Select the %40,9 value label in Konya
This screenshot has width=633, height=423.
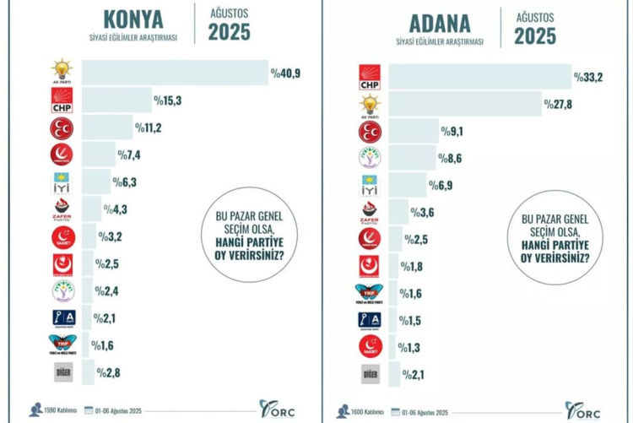click(285, 74)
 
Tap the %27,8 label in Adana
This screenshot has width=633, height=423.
click(560, 104)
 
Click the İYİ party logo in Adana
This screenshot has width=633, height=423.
click(371, 185)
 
